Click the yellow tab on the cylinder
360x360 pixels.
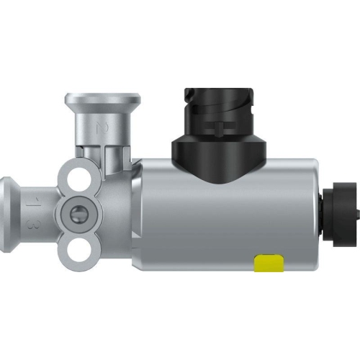[268, 263]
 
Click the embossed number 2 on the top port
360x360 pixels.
[103, 130]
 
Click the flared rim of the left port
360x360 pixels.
[7, 212]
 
